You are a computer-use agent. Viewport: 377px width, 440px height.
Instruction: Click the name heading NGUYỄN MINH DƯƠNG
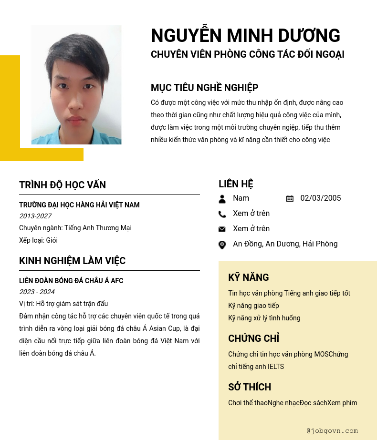245,36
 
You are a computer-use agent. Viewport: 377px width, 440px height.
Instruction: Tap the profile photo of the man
76,85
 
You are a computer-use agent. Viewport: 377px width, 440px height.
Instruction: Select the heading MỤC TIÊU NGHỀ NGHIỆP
204,88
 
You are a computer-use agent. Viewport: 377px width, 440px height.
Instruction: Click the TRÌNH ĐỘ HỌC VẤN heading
63,185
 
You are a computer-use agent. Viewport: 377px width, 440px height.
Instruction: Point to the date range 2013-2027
35,216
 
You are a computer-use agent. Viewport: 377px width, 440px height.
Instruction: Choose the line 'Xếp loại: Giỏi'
38,240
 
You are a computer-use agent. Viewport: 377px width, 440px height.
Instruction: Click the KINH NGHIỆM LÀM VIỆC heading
72,261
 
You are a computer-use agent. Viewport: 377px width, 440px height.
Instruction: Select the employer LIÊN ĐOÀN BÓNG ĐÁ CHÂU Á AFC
71,281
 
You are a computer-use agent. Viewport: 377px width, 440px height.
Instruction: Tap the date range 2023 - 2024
37,292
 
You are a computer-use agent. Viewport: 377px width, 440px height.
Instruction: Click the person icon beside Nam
222,199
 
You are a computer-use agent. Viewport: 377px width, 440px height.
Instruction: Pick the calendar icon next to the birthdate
290,198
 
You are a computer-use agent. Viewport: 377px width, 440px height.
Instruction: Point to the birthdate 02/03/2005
320,198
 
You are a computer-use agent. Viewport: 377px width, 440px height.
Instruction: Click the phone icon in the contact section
222,214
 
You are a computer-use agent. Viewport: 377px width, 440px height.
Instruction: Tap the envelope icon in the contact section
222,229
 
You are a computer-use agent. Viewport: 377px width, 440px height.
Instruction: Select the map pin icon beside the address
222,245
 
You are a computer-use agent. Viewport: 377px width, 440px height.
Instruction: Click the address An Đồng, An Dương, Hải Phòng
285,244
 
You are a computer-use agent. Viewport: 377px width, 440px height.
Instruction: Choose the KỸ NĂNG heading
248,277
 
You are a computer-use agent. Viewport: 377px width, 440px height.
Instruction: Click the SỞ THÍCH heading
249,387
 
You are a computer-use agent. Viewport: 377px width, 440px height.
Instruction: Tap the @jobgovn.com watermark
332,431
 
